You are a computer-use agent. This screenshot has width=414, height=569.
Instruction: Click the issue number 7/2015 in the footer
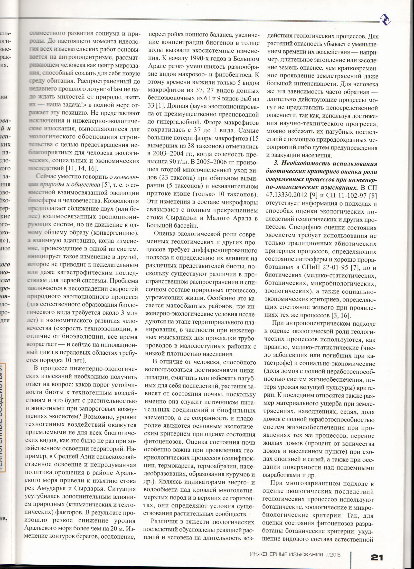point(334,549)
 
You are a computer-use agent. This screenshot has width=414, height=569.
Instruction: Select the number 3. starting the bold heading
point(276,164)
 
